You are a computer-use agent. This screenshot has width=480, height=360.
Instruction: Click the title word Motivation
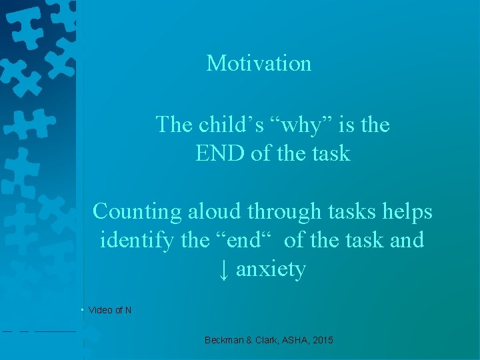coord(259,63)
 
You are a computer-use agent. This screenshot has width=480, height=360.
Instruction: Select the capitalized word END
coord(220,153)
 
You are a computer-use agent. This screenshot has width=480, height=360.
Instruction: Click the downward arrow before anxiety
coord(224,269)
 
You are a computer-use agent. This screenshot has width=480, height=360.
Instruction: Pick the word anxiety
coord(271,270)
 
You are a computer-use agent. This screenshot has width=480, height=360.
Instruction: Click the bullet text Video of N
coord(110,310)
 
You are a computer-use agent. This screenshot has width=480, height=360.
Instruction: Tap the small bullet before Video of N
coord(81,309)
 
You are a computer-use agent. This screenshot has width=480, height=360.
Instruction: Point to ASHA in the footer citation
coord(297,340)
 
